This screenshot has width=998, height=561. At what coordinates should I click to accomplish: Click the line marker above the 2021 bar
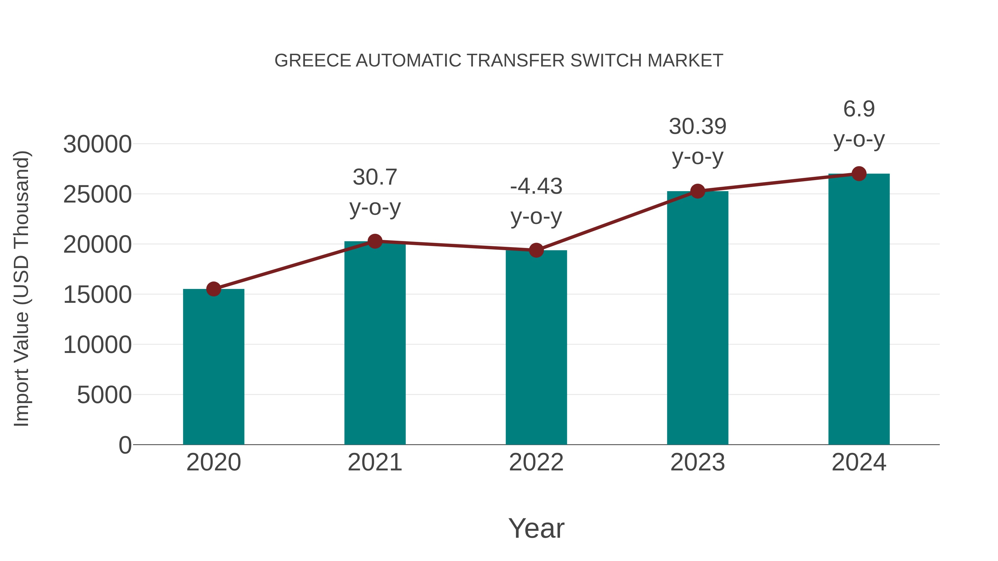[375, 241]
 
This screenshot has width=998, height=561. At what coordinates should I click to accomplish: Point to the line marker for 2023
[697, 191]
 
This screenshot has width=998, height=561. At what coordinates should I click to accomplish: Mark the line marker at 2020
[213, 289]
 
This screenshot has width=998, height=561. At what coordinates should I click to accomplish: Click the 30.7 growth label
[375, 177]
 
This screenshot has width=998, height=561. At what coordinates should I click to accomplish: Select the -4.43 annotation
[536, 186]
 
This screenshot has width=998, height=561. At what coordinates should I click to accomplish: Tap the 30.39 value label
[697, 127]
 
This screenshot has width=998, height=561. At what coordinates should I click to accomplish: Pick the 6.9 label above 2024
[859, 109]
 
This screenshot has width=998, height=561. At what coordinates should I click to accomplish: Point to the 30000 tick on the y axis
[97, 144]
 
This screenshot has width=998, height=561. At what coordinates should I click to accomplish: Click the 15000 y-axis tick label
[97, 295]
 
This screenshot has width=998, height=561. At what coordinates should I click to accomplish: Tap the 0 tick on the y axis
[125, 445]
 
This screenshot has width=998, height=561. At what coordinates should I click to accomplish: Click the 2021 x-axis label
[375, 462]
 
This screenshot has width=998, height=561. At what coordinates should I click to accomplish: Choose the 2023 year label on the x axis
[697, 462]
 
